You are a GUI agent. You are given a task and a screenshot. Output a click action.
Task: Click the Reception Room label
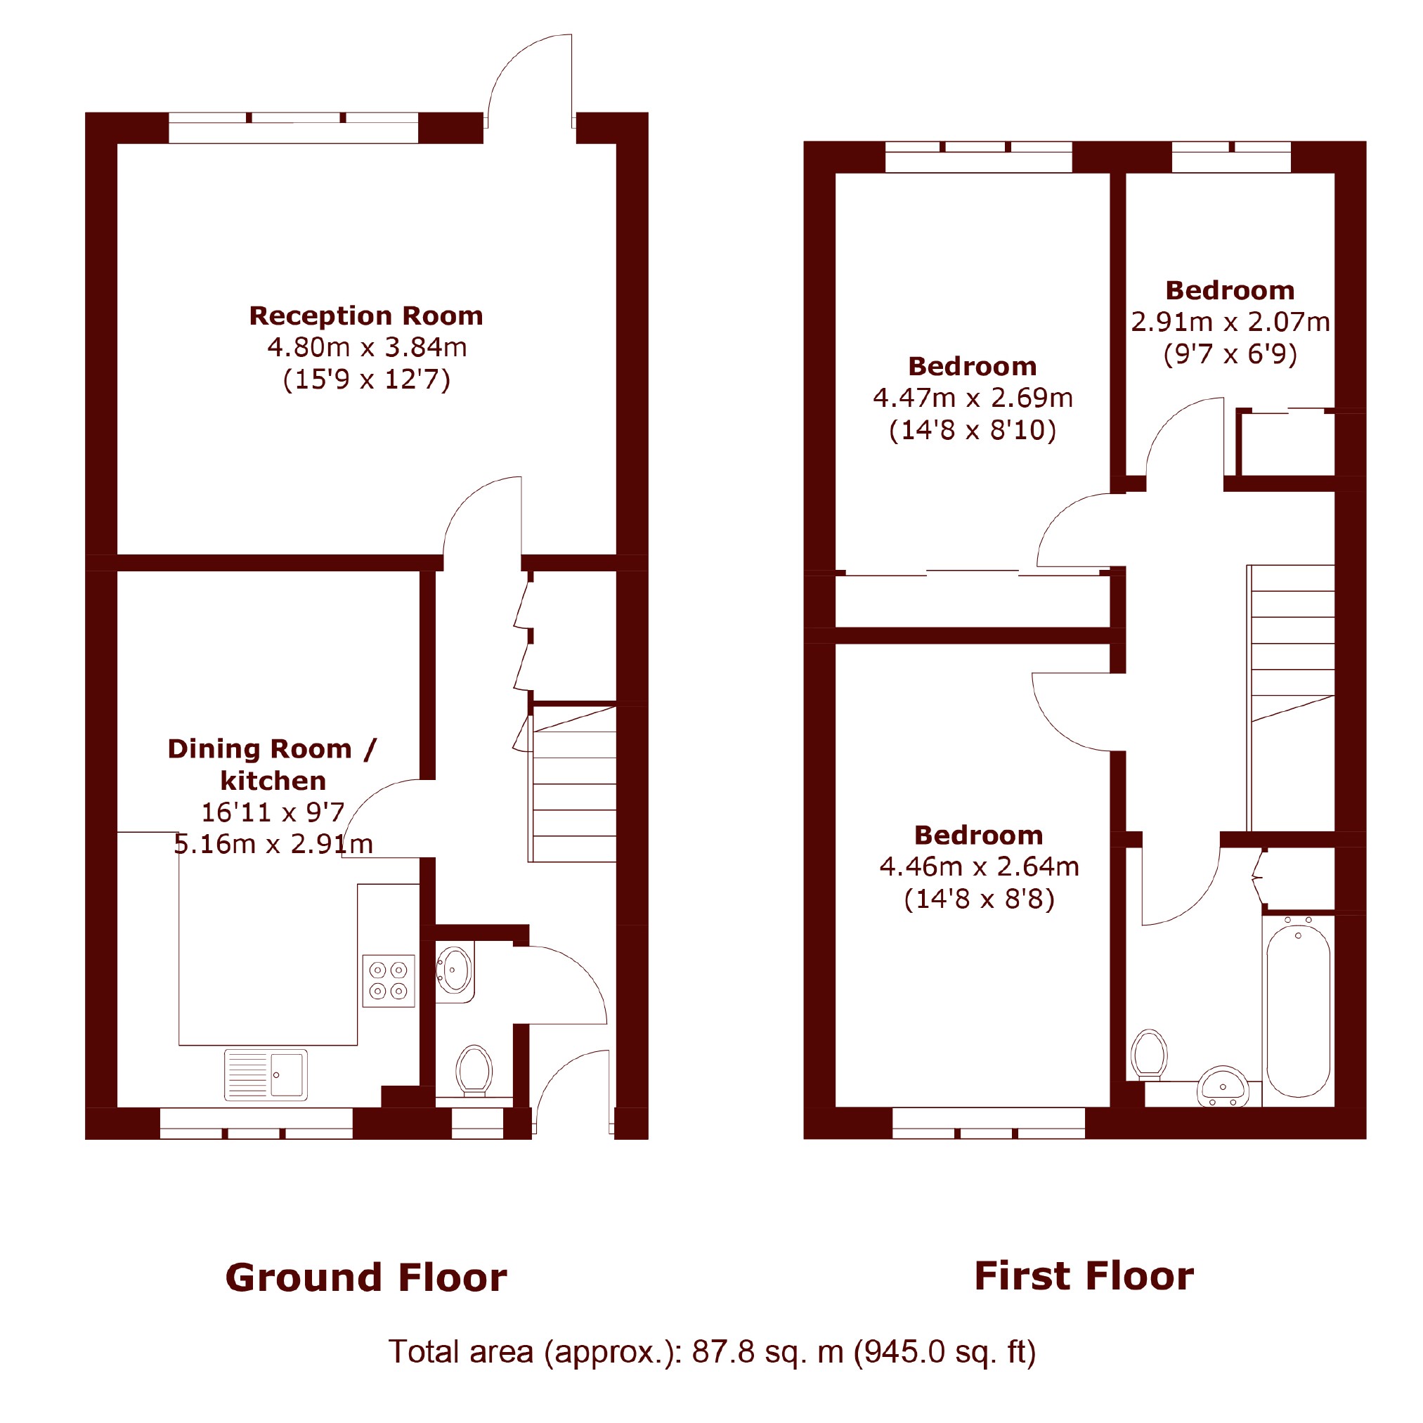pyautogui.click(x=366, y=316)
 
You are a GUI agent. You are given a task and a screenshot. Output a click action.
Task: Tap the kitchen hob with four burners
pyautogui.click(x=388, y=980)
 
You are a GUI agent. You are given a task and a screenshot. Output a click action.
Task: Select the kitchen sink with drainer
pyautogui.click(x=266, y=1074)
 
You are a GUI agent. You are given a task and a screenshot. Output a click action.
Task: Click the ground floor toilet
pyautogui.click(x=474, y=1071)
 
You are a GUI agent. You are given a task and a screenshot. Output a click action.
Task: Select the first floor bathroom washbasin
pyautogui.click(x=1223, y=1086)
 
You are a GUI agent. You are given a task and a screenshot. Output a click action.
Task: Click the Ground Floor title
pyautogui.click(x=366, y=1278)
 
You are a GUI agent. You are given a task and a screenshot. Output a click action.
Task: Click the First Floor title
pyautogui.click(x=1084, y=1276)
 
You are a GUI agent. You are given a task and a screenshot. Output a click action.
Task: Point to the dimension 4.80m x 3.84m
pyautogui.click(x=367, y=347)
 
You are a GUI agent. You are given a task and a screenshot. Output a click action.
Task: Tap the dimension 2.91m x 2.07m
pyautogui.click(x=1230, y=322)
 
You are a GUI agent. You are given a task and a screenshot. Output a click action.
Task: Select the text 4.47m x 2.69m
pyautogui.click(x=973, y=398)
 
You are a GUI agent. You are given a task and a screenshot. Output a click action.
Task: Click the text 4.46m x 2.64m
pyautogui.click(x=979, y=867)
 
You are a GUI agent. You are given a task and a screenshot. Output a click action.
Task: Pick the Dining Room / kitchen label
pyautogui.click(x=273, y=765)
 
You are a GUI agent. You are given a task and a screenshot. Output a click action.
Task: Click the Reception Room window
pyautogui.click(x=293, y=127)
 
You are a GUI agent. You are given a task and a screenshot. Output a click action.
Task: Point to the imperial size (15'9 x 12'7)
pyautogui.click(x=367, y=379)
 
